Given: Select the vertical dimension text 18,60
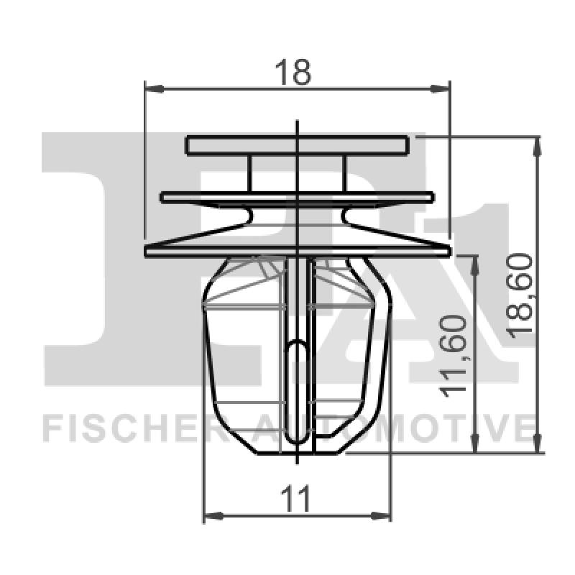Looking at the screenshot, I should (520, 293).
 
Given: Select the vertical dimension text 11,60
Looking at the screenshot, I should (455, 356).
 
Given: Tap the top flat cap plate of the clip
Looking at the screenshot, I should (297, 145).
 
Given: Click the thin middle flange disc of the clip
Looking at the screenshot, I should (297, 197).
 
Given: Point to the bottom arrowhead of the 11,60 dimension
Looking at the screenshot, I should (473, 446).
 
